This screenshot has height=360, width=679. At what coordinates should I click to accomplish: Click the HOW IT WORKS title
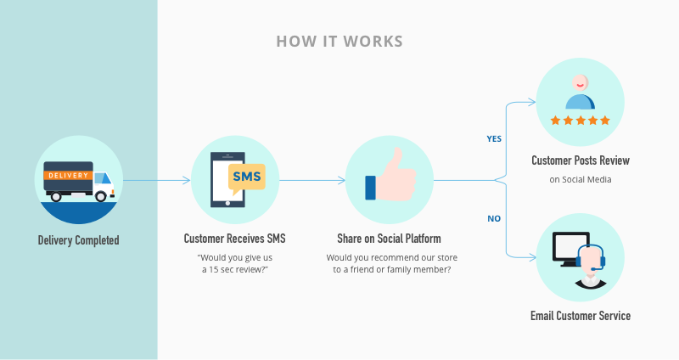339,42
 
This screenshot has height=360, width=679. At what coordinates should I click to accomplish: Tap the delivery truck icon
79,182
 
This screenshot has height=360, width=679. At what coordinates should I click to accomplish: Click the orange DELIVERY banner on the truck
68,176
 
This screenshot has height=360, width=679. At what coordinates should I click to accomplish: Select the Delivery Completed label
78,240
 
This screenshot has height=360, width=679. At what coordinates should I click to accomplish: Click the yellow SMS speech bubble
246,178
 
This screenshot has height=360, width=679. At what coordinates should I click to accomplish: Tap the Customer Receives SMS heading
235,239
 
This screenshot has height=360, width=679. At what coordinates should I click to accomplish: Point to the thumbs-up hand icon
390,175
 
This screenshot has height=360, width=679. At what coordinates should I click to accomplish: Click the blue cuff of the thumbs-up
370,188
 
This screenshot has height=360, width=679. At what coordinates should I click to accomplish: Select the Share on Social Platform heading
389,239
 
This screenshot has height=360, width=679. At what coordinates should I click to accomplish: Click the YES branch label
494,139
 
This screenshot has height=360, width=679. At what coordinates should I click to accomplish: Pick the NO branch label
494,219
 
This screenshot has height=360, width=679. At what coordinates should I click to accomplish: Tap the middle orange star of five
581,121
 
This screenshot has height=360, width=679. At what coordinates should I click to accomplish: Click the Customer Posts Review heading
581,160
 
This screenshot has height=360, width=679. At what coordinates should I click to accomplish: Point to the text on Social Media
581,180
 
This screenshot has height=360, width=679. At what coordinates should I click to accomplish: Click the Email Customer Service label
581,316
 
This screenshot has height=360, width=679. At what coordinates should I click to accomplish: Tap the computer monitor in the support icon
570,249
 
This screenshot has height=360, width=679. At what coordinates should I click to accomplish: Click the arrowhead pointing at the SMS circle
187,180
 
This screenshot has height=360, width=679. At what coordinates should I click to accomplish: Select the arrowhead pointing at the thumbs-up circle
341,180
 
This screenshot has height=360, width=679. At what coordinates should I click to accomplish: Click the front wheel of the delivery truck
101,196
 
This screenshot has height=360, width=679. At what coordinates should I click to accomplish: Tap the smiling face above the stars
580,82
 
